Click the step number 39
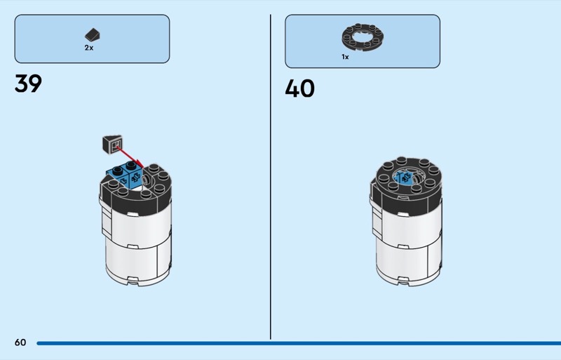(28, 84)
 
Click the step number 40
(299, 88)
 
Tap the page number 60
(20, 342)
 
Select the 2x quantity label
(89, 48)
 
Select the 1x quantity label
(345, 57)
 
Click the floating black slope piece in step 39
(112, 143)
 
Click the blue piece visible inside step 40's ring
(405, 178)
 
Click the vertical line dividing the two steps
(271, 175)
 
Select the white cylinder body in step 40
(407, 246)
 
